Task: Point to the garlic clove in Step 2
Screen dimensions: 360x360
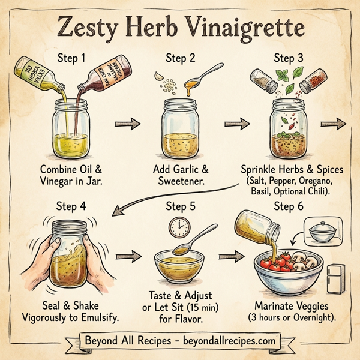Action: tap(158, 76)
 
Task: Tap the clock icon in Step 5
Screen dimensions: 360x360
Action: tap(178, 226)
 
